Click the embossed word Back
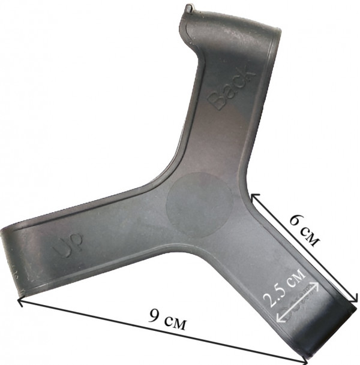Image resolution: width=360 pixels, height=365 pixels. tap(232, 88)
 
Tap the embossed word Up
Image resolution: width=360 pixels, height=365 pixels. tap(68, 247)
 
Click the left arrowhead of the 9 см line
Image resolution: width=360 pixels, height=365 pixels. tap(21, 301)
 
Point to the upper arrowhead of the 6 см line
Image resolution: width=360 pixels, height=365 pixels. tap(253, 197)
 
